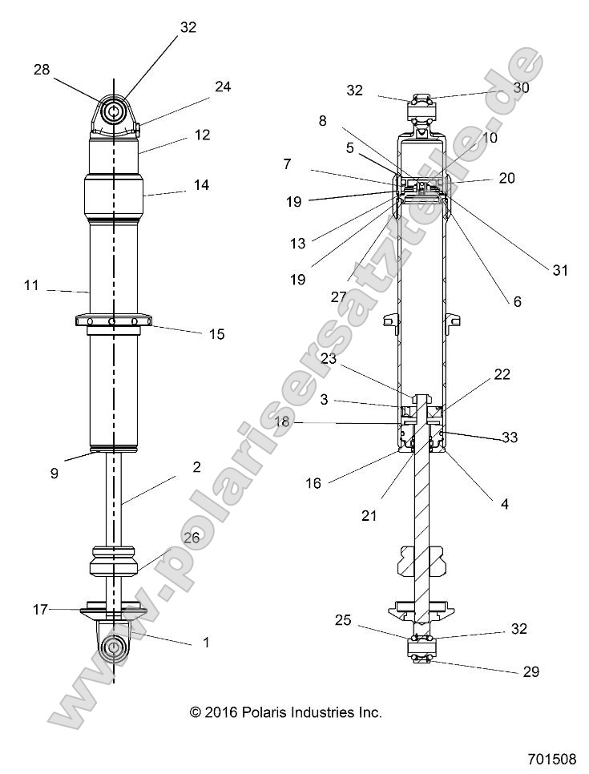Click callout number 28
[41, 70]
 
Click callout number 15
[196, 333]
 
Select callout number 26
[192, 538]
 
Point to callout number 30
[521, 89]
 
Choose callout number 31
[559, 271]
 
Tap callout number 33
[509, 437]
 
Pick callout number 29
[531, 671]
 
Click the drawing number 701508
[552, 758]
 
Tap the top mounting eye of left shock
[113, 111]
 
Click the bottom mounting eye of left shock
[114, 647]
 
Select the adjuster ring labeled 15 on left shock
[113, 322]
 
